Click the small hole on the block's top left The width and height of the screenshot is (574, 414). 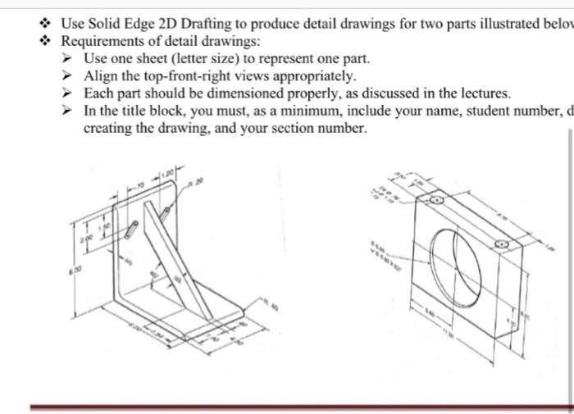click(437, 199)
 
